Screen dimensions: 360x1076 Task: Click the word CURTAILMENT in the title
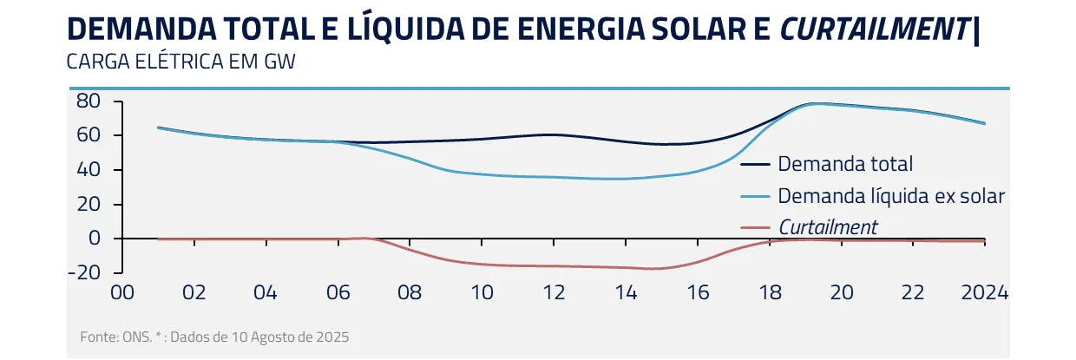tap(874, 29)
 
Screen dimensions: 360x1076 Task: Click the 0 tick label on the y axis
tap(95, 239)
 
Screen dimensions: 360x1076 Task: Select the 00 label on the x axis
tap(122, 292)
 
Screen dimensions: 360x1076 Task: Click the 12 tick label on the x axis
tap(554, 292)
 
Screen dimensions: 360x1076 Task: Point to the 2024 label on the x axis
tap(984, 292)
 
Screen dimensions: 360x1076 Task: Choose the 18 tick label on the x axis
tap(770, 292)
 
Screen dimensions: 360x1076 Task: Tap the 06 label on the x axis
tap(338, 292)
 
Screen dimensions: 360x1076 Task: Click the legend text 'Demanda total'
tap(845, 164)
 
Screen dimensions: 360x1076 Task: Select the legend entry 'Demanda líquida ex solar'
tap(891, 196)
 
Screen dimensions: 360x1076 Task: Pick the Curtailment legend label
tap(828, 227)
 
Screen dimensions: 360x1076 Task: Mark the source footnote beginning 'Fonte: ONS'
tap(213, 336)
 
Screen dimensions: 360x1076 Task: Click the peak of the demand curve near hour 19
tap(813, 103)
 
